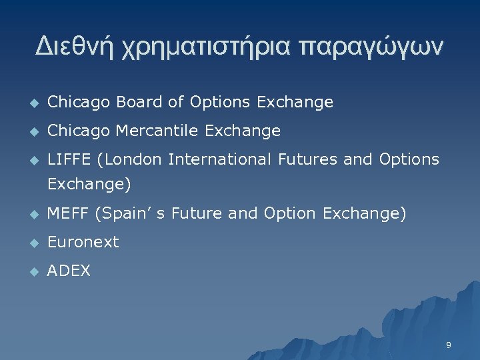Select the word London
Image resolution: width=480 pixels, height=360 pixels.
133,159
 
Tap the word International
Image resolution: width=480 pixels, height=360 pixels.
221,159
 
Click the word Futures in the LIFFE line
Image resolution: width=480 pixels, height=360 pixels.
312,159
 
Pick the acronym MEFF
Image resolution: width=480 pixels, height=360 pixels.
69,214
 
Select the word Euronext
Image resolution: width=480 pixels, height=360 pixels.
83,243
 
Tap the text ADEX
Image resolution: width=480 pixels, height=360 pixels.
69,271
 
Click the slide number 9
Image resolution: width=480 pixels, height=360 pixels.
449,345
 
